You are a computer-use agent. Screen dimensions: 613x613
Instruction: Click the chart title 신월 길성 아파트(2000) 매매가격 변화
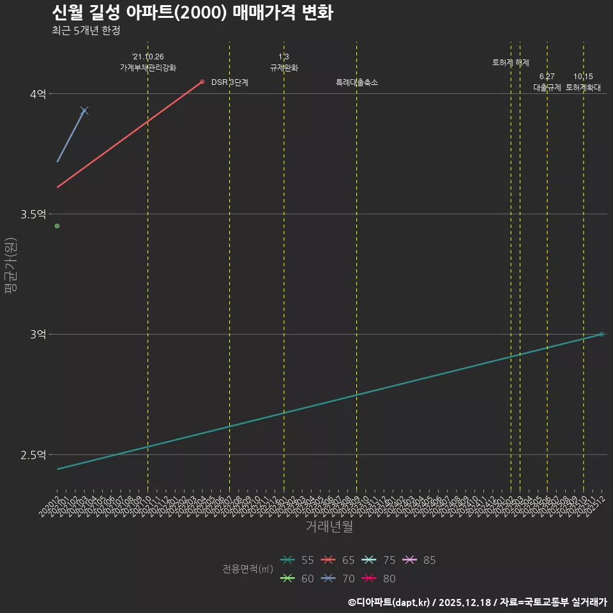pos(192,13)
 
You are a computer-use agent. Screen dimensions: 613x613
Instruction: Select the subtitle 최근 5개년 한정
pos(86,30)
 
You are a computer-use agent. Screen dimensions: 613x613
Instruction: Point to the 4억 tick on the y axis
pos(38,94)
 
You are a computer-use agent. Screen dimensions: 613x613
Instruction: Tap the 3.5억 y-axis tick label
pos(33,214)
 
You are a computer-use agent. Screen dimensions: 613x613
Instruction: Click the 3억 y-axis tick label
pos(38,334)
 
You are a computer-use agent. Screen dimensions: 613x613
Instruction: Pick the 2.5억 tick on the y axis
pos(33,455)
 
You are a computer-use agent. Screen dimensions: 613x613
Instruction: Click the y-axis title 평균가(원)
pos(10,266)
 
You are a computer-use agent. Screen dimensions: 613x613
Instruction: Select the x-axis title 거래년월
pos(329,527)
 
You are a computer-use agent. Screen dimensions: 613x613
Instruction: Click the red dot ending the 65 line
pos(202,82)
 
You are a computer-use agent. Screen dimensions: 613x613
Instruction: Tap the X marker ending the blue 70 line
pos(84,111)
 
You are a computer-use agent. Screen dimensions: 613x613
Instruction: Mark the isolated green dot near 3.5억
pos(57,226)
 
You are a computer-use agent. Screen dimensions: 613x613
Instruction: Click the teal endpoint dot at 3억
pos(602,334)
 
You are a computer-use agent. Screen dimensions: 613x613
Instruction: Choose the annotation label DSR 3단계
pos(230,82)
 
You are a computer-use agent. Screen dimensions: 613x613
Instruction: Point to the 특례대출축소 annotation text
pos(357,82)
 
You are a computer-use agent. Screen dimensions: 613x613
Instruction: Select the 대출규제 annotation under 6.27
pos(547,87)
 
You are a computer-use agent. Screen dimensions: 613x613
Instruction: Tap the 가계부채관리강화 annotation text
pos(148,67)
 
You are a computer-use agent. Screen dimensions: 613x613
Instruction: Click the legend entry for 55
pos(298,560)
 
